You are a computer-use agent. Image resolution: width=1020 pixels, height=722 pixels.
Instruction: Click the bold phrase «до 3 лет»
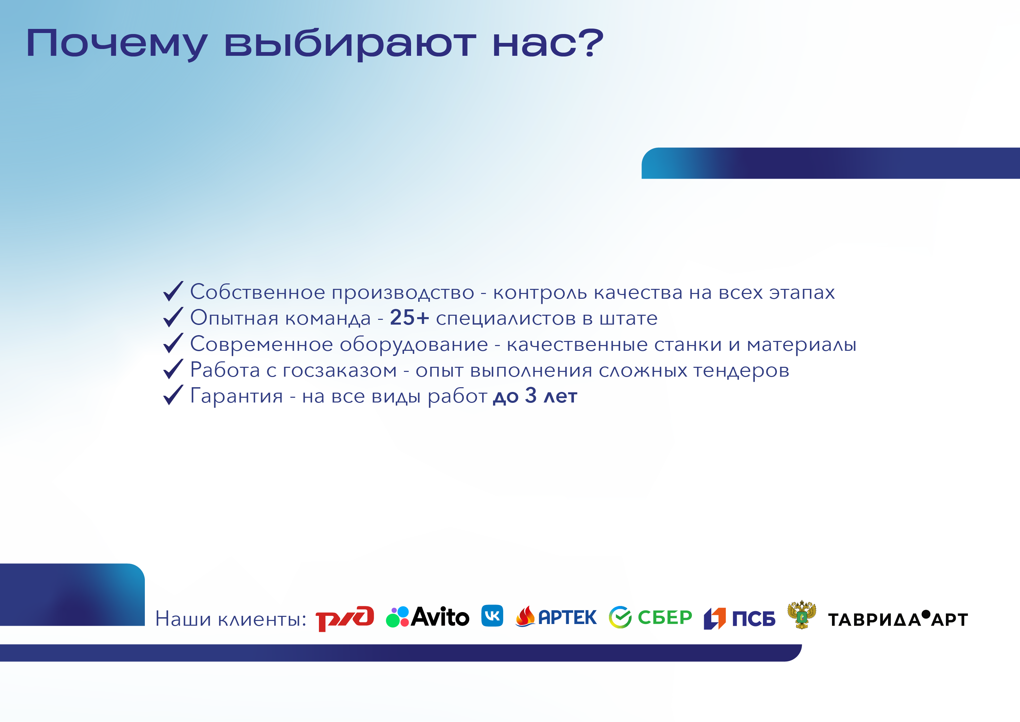(535, 396)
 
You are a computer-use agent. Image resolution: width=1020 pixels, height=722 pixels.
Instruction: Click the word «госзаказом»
(340, 371)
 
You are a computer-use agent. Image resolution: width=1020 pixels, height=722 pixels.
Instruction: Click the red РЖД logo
(345, 618)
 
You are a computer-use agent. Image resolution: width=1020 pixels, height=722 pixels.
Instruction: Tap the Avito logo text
(440, 617)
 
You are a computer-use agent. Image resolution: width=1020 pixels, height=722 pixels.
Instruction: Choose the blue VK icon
(492, 616)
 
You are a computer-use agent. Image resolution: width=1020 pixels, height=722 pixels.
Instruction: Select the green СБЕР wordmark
(665, 617)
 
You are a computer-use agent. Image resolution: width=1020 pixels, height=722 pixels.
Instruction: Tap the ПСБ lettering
(754, 619)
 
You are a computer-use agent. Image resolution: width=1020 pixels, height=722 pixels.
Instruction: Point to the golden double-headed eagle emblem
(801, 615)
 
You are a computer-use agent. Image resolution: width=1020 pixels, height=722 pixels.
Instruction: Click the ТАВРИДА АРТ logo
(898, 619)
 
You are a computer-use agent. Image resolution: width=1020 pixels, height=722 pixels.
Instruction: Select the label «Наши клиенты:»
(231, 619)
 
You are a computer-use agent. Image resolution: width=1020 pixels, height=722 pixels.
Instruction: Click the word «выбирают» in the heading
(350, 43)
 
